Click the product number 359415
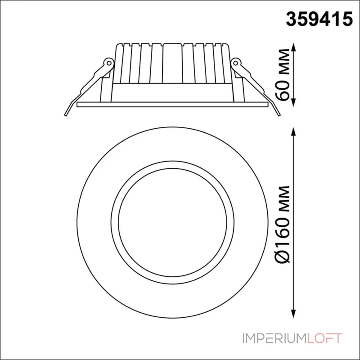click(319, 19)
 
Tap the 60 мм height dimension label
click(283, 75)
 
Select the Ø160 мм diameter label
click(283, 224)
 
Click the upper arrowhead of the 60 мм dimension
click(293, 47)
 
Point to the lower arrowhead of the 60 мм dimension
click(293, 103)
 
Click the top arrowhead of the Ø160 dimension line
click(293, 132)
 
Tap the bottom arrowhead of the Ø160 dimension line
click(293, 314)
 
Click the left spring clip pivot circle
click(109, 62)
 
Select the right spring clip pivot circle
click(236, 62)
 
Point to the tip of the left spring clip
click(65, 115)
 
